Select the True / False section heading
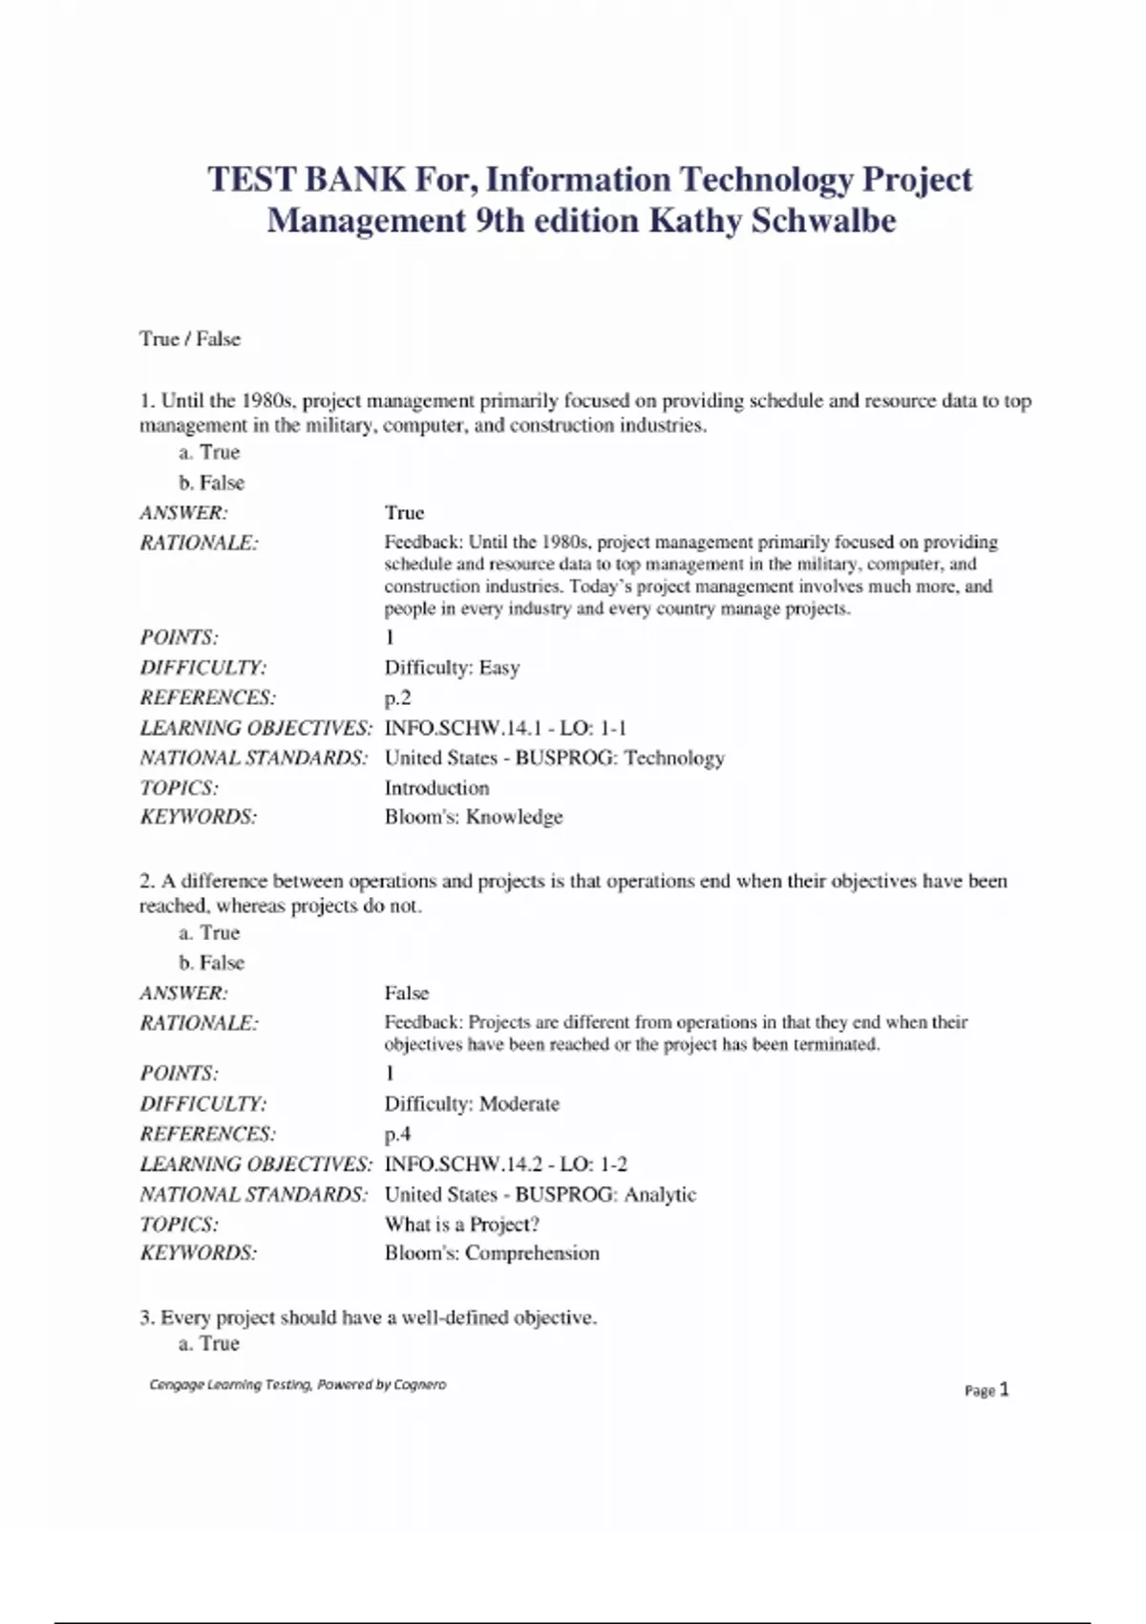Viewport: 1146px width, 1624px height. tap(190, 339)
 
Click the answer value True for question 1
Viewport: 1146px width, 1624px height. tap(404, 513)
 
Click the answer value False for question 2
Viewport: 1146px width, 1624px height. tap(407, 994)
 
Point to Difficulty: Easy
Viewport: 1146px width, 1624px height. tap(452, 668)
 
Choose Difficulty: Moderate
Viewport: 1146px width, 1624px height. tap(472, 1104)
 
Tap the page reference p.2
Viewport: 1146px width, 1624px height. tap(397, 698)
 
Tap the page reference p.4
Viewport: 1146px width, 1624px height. tap(397, 1135)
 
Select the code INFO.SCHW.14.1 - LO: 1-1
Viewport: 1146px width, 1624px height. tap(505, 728)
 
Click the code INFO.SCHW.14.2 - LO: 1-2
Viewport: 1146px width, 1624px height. tap(505, 1165)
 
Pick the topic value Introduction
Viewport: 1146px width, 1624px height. tap(436, 788)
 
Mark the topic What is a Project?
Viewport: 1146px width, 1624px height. tap(461, 1225)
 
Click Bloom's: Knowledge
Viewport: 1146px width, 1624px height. tap(474, 818)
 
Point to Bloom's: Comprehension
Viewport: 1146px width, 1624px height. tap(492, 1253)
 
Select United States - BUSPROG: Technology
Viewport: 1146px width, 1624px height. tap(554, 759)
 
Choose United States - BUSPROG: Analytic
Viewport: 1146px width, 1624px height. tap(540, 1195)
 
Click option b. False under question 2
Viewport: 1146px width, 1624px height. tap(211, 963)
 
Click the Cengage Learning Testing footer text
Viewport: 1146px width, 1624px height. tap(297, 1384)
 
